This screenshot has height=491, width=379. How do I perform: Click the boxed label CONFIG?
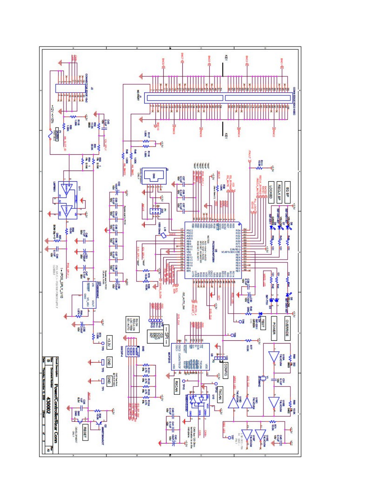coord(226,370)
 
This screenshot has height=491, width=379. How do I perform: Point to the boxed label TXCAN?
coord(220,394)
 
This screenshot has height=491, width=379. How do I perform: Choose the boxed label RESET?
coord(85,431)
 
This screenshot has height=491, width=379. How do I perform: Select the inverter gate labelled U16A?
coord(274,356)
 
